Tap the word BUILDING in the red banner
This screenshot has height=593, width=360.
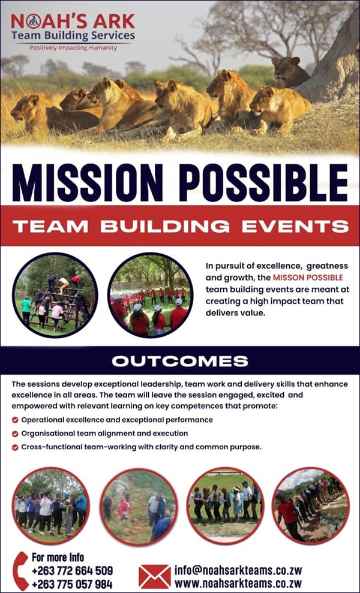165,226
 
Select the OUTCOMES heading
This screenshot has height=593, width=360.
180,361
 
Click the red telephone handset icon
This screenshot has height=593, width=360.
20,570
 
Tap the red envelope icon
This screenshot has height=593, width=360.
154,577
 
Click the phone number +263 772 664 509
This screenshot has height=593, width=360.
72,571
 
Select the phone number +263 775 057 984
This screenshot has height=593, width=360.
72,584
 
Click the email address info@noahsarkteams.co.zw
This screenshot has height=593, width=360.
238,570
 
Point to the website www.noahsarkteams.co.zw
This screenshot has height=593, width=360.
238,583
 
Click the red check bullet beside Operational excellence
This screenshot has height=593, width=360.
15,420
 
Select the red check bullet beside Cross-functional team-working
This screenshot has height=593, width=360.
15,447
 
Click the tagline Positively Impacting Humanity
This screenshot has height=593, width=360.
73,48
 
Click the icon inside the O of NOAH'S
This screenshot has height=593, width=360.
34,22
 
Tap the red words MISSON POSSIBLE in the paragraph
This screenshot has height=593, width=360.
308,277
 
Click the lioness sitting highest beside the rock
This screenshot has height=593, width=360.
290,72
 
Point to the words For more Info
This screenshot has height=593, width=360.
58,557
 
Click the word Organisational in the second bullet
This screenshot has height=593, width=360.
46,434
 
